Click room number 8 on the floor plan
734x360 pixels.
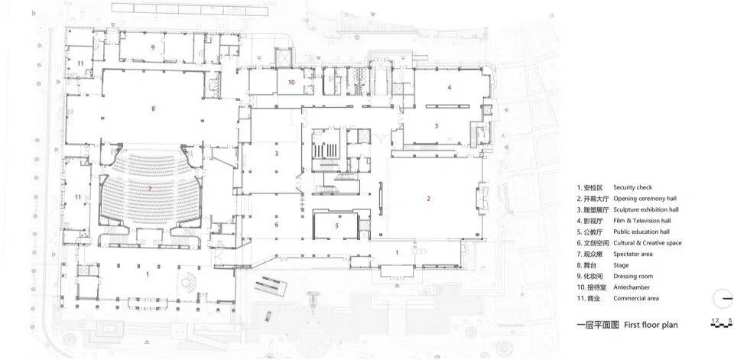point(153,109)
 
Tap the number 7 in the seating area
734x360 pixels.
point(150,189)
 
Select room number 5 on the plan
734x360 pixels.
point(336,225)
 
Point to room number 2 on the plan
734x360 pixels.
point(428,199)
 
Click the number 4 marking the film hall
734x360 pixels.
point(450,87)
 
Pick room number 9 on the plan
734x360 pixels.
point(153,47)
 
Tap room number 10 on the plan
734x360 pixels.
point(291,83)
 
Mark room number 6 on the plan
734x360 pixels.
point(277,225)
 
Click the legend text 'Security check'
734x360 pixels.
point(632,187)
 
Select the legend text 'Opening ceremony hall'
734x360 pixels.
point(645,199)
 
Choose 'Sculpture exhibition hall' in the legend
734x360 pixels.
point(646,209)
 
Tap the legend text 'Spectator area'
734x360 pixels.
point(633,255)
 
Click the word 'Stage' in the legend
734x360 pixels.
point(621,265)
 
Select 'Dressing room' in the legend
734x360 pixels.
point(633,276)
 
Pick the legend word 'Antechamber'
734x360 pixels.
point(632,287)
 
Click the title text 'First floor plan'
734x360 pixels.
point(651,324)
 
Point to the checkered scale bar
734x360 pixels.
point(721,325)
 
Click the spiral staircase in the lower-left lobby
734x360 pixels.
point(189,282)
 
